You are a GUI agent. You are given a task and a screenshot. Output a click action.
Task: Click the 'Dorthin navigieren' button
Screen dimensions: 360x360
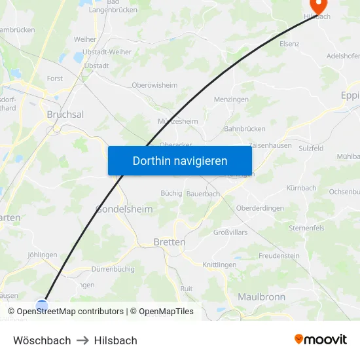(x=180, y=160)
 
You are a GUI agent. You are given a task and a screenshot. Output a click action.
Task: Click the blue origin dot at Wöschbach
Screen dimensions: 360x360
(x=42, y=306)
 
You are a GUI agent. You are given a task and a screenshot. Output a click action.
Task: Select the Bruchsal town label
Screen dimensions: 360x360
(x=65, y=114)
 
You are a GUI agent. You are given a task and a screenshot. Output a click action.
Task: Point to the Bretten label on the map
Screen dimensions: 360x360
(x=169, y=242)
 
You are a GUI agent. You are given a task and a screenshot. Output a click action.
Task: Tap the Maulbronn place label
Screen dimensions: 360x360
(x=261, y=297)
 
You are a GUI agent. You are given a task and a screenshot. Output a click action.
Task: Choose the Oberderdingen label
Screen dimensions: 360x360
(x=260, y=208)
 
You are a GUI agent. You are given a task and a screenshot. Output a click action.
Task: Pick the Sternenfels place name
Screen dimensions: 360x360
(x=306, y=228)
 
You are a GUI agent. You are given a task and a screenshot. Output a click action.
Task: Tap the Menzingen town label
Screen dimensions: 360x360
(x=232, y=99)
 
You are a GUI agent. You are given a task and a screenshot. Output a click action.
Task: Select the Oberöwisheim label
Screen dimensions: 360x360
(x=154, y=85)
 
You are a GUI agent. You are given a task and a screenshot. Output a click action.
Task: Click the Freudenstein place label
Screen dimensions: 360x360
(x=278, y=255)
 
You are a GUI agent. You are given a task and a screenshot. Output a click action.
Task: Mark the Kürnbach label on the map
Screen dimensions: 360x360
(x=301, y=188)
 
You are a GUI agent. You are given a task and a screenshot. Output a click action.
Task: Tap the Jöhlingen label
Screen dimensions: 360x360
(x=43, y=255)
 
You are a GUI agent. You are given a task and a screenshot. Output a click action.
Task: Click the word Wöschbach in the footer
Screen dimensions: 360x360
(x=42, y=340)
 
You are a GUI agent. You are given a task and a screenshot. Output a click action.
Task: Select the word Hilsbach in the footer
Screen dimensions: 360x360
(x=115, y=340)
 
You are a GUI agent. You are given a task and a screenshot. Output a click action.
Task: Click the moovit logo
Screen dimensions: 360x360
(x=320, y=339)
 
